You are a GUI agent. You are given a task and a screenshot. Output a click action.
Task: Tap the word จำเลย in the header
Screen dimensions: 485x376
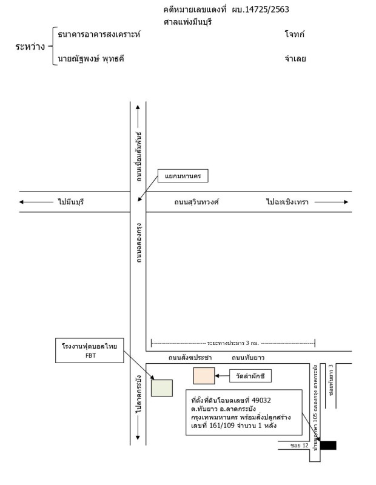(295, 59)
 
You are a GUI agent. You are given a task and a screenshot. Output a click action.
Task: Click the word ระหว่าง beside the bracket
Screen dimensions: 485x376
(30, 46)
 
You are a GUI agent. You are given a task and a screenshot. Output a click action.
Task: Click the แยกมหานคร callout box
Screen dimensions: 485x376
(183, 176)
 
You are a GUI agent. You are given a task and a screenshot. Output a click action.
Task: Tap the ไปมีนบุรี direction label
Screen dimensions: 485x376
(71, 202)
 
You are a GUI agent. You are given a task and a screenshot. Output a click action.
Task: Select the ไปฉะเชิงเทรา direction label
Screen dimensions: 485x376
(287, 202)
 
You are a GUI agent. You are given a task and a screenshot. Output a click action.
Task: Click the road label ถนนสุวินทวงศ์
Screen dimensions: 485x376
(196, 202)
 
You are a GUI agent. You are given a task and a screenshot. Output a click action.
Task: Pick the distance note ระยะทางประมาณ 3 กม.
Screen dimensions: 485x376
(233, 343)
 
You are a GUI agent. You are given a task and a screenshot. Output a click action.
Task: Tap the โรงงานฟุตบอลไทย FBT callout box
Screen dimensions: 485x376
(89, 350)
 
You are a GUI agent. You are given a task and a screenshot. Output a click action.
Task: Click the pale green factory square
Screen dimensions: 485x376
(162, 387)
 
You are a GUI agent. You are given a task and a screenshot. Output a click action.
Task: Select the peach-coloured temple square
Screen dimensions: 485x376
(204, 376)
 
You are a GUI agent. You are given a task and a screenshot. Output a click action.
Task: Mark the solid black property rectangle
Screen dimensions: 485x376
(328, 446)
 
